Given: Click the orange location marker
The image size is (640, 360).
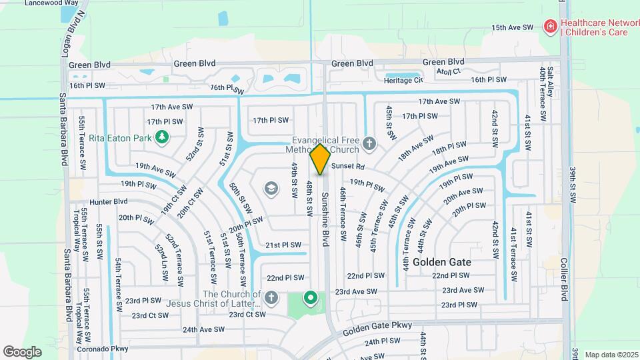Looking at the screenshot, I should pos(320,159).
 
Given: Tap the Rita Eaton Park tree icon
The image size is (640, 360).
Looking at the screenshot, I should pos(161,137).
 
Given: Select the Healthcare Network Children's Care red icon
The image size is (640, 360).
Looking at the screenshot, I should pos(551,27).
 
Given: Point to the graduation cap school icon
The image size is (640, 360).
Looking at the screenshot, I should pos(271,189).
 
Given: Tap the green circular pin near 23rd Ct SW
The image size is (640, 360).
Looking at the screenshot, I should pos(310,297).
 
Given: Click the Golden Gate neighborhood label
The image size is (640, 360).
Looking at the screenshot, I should pos(442,262).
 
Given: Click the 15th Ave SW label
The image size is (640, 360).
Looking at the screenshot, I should pos(513,28).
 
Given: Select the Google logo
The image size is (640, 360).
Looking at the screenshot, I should pos(23,351).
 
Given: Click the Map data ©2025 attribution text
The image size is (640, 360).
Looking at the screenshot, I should pos(610,355).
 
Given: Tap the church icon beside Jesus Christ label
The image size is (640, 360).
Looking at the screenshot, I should pos(271,297).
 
